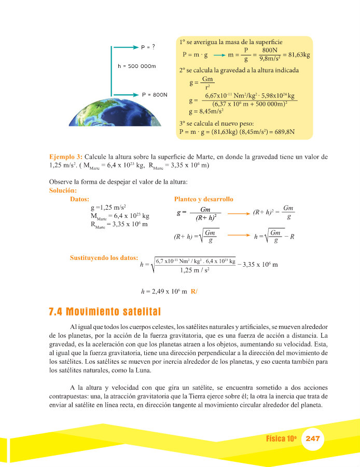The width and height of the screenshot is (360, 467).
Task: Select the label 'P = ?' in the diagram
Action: pos(148,47)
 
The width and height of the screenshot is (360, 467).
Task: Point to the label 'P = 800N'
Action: pos(155,94)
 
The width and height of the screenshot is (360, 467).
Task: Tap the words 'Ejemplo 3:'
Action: pos(65,156)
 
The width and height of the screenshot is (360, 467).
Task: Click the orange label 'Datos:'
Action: pos(80,199)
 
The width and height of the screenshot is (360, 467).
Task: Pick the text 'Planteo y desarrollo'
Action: pos(204,199)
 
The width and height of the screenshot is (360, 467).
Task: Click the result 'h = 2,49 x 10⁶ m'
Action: pos(163,292)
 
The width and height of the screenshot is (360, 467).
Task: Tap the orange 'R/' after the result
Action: pos(194,292)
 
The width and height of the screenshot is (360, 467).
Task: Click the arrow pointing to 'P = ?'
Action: pos(125,47)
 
